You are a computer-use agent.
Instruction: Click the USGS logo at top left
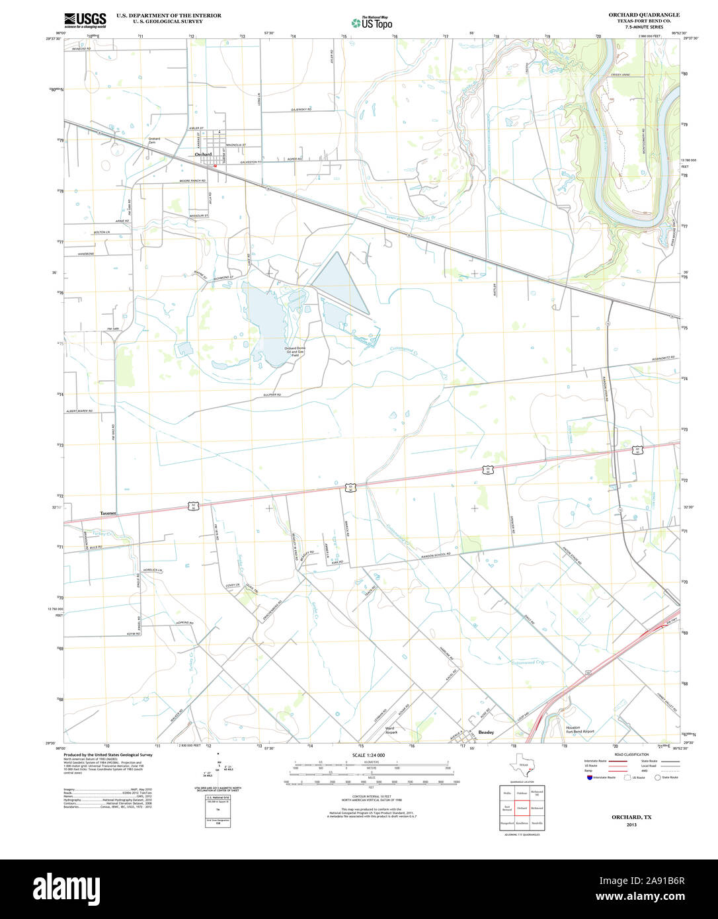pos(85,20)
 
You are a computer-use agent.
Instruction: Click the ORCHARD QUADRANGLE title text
pos(644,15)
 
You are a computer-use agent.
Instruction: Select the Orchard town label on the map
pos(204,155)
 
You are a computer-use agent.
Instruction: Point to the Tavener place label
pos(108,513)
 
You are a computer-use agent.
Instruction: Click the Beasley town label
pos(486,732)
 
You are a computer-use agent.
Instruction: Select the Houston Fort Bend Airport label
pos(580,730)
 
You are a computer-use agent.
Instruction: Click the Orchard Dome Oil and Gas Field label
pos(294,351)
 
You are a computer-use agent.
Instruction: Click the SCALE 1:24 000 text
pos(368,755)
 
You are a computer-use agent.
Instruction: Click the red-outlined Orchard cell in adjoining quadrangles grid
pos(522,808)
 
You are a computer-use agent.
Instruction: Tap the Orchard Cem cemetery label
pos(153,140)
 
